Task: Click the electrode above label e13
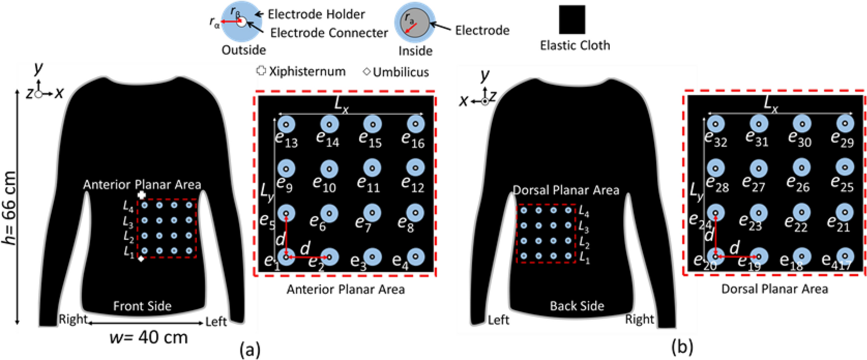[286, 124]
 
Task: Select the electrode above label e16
[415, 124]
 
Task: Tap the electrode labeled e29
[844, 124]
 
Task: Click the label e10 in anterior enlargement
[324, 185]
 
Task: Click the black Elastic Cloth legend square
[572, 20]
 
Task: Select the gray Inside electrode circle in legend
[414, 23]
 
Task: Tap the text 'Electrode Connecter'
[329, 33]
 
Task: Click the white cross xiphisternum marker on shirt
[142, 195]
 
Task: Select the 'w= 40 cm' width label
[148, 337]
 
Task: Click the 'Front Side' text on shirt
[142, 306]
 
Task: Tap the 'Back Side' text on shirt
[577, 306]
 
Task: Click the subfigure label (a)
[250, 349]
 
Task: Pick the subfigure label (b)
[682, 347]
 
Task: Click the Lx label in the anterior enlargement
[341, 104]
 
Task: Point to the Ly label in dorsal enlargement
[696, 191]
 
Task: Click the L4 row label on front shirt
[128, 207]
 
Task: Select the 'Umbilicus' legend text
[401, 72]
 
